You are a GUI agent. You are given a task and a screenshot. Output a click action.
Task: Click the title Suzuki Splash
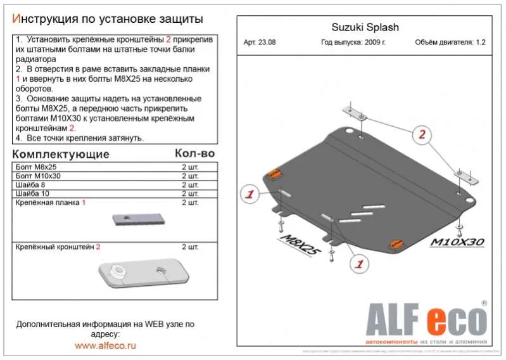coord(365,27)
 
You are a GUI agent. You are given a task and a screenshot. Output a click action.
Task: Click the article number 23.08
coord(260,43)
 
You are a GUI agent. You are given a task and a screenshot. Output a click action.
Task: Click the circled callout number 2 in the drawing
coord(422,134)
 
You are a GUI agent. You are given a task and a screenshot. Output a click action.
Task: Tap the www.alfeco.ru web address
coord(105,345)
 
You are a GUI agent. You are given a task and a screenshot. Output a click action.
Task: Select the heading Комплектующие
coord(61,154)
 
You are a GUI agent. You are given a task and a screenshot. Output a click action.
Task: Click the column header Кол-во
coord(194,153)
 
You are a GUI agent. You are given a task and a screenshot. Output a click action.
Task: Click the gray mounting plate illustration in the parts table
coord(139,219)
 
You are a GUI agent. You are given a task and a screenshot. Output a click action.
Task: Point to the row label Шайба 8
coord(30,184)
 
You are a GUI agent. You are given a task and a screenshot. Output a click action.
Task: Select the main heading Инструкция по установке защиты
coord(108,18)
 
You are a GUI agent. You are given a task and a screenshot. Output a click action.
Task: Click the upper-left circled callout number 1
coord(250,194)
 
